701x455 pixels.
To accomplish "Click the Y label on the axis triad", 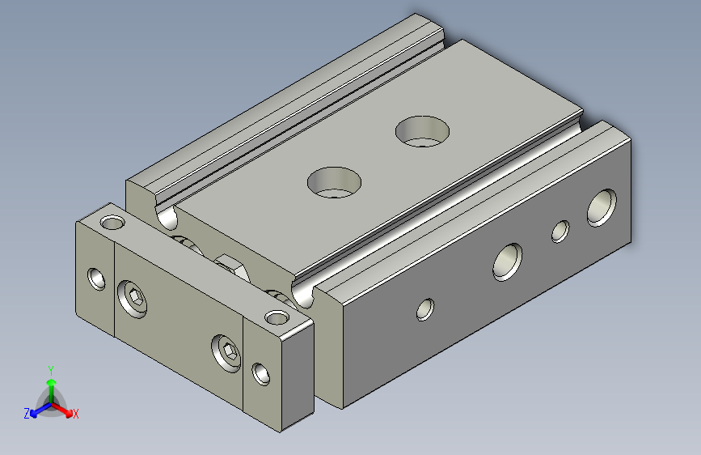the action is [x=51, y=370].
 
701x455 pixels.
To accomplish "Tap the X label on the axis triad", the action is [x=75, y=414].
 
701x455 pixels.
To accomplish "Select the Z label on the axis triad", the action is [x=27, y=414].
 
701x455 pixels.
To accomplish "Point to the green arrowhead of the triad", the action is [x=52, y=382].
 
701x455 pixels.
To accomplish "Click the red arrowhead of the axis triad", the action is [x=69, y=413].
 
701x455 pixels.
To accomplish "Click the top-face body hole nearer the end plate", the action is [x=334, y=182].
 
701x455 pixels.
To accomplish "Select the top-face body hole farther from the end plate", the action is [x=423, y=131].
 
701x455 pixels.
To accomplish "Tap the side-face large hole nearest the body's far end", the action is [x=602, y=207].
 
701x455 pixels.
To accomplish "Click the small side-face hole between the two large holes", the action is [x=560, y=232].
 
